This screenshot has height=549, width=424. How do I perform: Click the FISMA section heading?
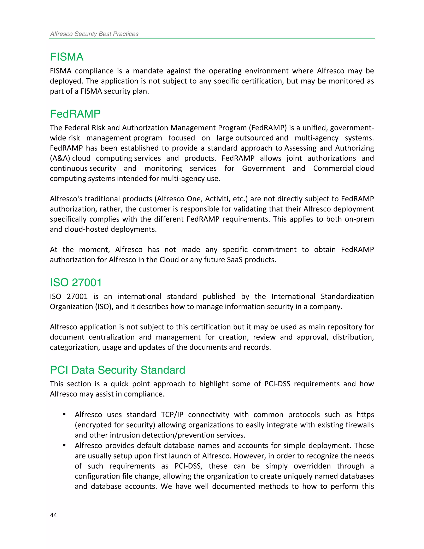(67, 57)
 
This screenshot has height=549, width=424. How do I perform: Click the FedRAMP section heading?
(75, 114)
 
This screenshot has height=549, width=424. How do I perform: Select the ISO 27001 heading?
(76, 283)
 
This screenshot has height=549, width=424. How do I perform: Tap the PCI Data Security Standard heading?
(117, 370)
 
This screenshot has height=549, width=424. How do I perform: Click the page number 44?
(53, 515)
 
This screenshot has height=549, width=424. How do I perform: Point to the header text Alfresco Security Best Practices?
(94, 34)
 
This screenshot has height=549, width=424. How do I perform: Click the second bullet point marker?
(64, 445)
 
